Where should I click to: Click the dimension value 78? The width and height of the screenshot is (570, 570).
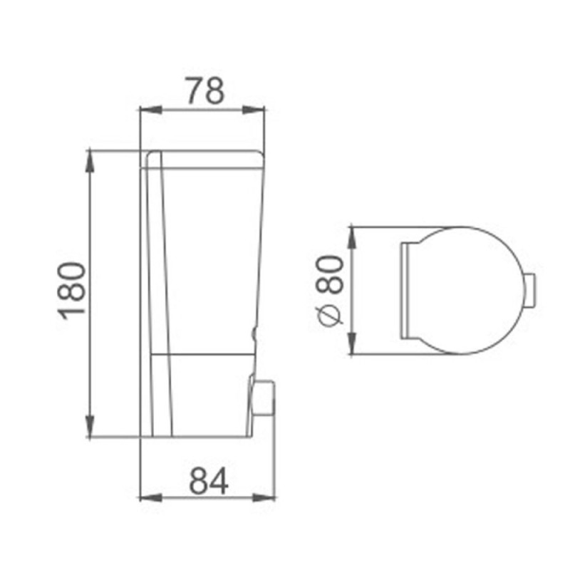point(206,90)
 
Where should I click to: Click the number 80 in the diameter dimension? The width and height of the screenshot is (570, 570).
point(329,274)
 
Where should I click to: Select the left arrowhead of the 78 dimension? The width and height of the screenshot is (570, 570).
point(151,110)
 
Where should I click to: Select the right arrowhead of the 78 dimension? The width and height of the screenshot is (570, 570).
point(254,110)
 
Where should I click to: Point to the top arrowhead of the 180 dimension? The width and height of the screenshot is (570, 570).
point(90,162)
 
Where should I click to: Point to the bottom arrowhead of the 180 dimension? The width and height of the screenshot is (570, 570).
point(90,426)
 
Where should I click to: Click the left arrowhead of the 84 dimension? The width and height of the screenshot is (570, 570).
point(151,497)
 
